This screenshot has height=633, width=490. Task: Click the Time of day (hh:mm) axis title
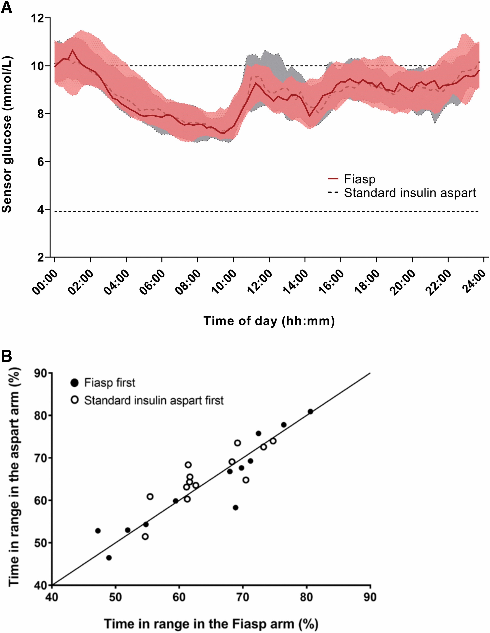click(x=269, y=321)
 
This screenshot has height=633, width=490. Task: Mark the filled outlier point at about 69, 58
click(x=236, y=508)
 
